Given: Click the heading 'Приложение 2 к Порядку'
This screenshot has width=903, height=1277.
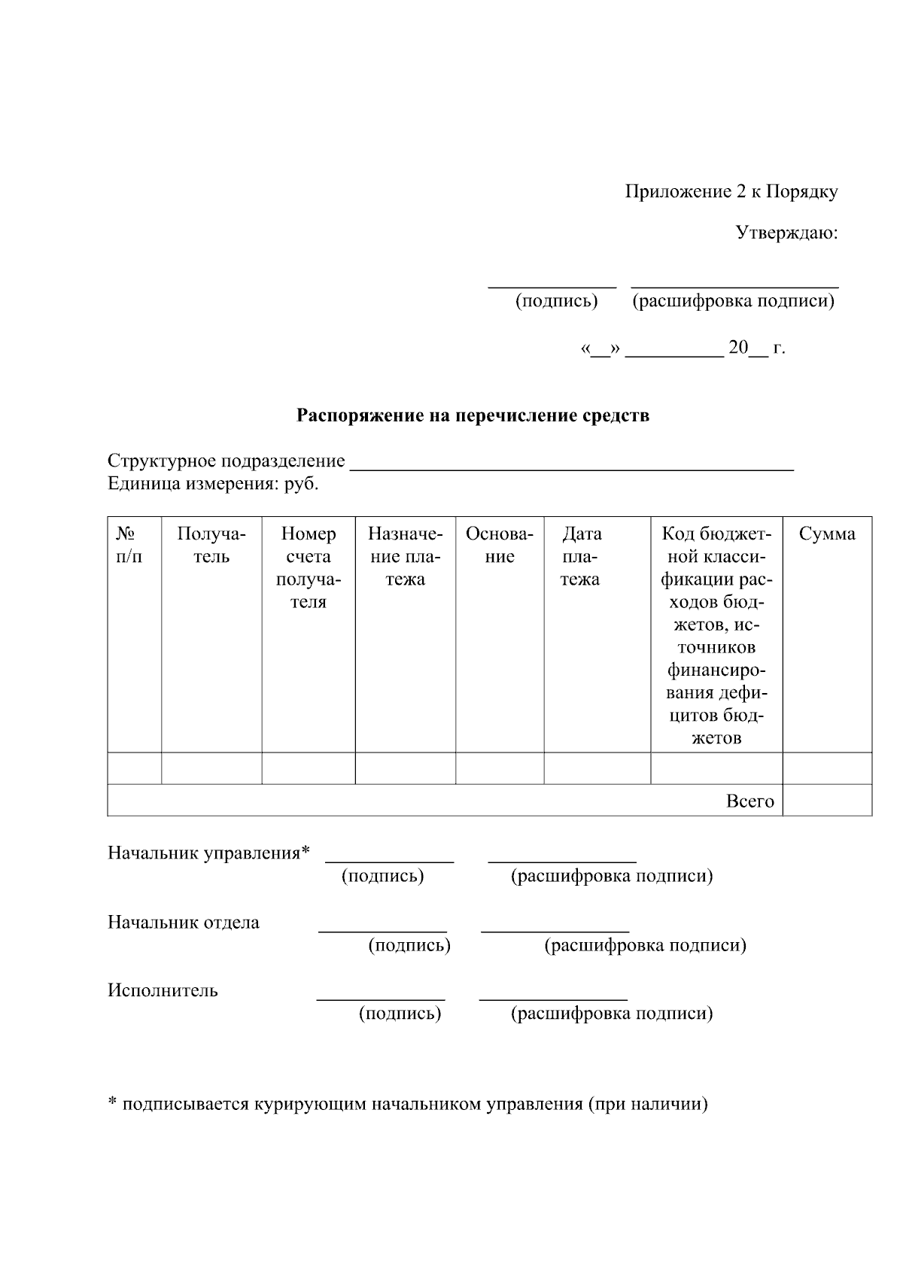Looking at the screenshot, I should tap(731, 192).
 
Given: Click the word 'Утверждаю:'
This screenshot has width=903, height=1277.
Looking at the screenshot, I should tap(786, 233).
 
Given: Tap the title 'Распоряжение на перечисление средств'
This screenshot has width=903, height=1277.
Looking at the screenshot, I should tap(473, 415).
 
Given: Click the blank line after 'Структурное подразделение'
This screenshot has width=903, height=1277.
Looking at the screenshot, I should tap(572, 463).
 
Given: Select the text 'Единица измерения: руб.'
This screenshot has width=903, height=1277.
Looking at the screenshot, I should tap(213, 484).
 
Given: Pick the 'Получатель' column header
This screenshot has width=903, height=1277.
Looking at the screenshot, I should tap(211, 546).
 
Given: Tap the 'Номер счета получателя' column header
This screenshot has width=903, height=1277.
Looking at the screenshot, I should tap(308, 568).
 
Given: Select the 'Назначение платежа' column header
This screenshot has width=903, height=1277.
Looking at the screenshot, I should tap(405, 557).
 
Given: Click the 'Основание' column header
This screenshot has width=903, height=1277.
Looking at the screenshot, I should tap(500, 546).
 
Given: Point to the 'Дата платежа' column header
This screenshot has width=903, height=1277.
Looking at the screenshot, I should tap(581, 557).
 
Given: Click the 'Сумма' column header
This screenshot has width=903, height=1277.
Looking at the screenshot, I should tap(827, 534).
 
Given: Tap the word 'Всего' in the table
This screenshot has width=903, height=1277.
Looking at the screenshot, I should tap(749, 801).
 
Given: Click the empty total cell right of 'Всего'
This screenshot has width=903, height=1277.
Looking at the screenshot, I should tap(827, 801).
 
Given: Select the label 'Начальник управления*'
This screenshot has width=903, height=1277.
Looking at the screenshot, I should tap(208, 853).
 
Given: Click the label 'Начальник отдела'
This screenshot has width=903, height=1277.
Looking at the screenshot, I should tap(184, 923).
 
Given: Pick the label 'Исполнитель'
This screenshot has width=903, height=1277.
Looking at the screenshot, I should tap(163, 991).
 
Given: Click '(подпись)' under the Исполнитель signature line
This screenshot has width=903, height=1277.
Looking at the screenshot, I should tap(400, 1014).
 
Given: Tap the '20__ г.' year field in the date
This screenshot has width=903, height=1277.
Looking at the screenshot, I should tap(756, 348).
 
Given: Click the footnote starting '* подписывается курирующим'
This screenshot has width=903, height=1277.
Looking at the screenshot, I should tap(407, 1105).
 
